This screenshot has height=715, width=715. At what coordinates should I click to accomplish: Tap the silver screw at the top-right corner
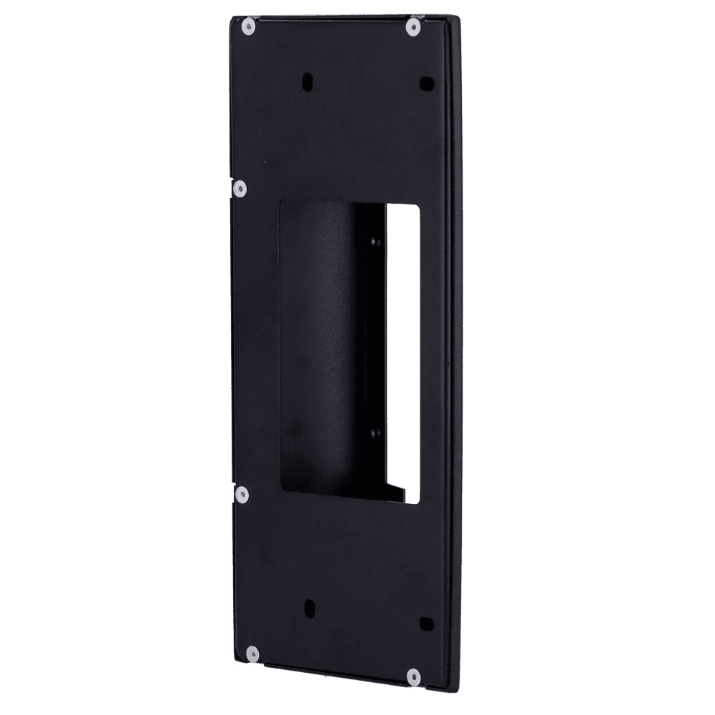tap(413, 27)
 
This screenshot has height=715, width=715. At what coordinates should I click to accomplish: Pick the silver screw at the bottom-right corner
tap(413, 676)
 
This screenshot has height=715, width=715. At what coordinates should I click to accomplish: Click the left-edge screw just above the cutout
tap(240, 188)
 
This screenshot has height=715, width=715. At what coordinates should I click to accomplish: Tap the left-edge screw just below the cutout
tap(242, 493)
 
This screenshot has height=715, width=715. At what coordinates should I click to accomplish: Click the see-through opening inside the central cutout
tap(405, 343)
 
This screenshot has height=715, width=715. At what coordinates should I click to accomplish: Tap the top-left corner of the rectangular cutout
tap(280, 202)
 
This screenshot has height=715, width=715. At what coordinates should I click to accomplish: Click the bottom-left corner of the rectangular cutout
tap(281, 490)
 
